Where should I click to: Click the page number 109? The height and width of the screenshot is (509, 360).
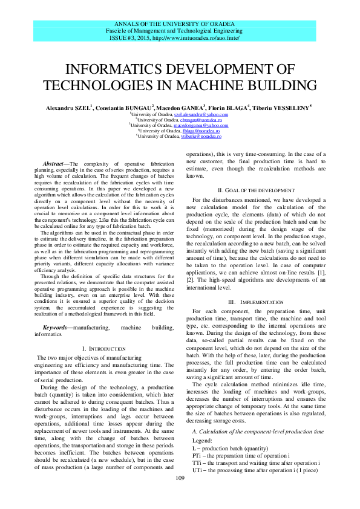(180, 479)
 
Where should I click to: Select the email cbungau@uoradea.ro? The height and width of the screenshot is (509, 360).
(201, 120)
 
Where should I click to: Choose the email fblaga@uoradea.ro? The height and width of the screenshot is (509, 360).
(200, 131)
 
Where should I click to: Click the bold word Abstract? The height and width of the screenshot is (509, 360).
(56, 164)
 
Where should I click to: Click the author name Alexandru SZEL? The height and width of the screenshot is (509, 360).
(68, 107)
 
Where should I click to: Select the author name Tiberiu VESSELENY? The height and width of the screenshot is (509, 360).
(284, 107)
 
